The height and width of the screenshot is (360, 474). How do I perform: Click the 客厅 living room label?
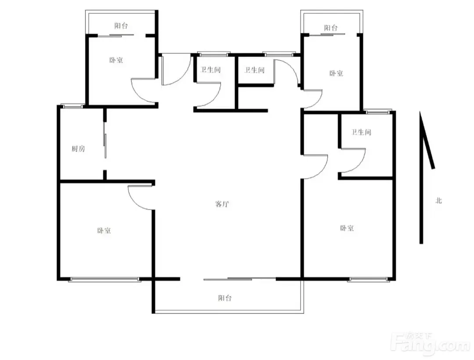coord(222,204)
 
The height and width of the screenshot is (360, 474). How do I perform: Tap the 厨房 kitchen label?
coord(78,148)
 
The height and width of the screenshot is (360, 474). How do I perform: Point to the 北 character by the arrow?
coord(438,200)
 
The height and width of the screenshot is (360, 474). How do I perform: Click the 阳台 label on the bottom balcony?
coord(225,298)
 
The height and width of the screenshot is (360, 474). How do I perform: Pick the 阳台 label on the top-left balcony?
coord(121,26)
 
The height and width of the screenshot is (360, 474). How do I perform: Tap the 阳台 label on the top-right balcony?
coord(331,28)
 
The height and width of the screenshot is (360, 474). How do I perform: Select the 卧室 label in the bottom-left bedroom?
coord(104,230)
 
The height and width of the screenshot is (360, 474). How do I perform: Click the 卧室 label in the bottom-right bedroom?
coord(347,228)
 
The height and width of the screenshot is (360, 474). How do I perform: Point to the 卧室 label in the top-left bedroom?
coord(116,60)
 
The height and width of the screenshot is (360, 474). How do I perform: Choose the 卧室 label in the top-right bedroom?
coord(336,73)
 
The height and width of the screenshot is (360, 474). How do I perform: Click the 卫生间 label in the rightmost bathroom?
coord(361,132)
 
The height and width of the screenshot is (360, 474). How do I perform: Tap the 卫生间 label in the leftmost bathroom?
coord(210,70)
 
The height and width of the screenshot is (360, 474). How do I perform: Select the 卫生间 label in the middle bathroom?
coord(255,70)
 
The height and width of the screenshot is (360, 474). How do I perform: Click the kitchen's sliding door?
coord(105,140)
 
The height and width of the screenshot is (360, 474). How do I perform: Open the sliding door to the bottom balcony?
coord(240,279)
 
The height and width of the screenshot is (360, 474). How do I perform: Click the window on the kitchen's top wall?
coord(72,106)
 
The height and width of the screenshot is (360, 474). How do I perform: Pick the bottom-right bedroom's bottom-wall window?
coord(369,280)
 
